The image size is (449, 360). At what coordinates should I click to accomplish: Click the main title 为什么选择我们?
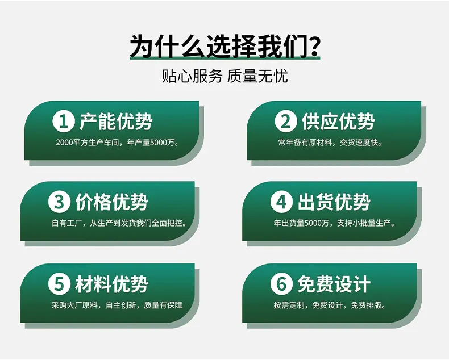coord(225,47)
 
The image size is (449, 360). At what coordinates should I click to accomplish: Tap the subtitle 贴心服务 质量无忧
coord(225,76)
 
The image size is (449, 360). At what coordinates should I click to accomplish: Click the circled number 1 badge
coord(64,122)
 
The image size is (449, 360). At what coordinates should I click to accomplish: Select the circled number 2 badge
coord(286,122)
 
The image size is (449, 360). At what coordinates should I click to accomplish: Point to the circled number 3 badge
coord(59,202)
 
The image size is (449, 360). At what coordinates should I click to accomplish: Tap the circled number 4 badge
coord(281,202)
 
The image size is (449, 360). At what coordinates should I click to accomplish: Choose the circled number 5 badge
coord(59,284)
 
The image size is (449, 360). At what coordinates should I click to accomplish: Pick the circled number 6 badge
coord(281,284)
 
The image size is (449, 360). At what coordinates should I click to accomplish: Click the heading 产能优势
coord(116,122)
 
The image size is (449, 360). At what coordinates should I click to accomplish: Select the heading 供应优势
coord(338,122)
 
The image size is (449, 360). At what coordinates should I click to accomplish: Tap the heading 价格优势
coord(111,202)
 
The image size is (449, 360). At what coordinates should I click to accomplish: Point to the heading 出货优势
coord(334,202)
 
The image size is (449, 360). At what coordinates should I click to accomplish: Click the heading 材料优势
coord(111,284)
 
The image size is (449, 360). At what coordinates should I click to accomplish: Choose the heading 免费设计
coord(334,284)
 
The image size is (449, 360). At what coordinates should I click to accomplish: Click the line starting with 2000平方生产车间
coord(118,142)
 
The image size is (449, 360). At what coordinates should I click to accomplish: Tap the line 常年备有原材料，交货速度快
coord(330,142)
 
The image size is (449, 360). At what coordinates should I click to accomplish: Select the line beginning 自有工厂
coord(119,223)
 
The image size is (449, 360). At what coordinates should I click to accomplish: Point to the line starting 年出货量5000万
coord(334,223)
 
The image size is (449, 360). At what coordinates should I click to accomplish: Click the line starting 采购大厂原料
coord(117,305)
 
